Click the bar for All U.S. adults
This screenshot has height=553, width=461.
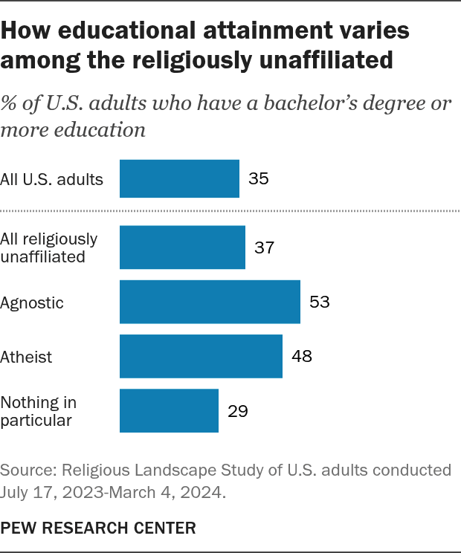point(179,178)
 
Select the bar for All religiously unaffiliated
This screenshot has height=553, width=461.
point(182,248)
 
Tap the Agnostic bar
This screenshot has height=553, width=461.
point(210,302)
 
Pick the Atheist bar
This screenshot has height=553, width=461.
point(201,356)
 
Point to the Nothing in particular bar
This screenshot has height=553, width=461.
point(169,410)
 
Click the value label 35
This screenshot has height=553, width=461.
point(259,179)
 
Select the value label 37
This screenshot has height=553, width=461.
point(265,248)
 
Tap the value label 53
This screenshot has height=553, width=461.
point(320,303)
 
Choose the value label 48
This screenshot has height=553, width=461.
point(302,357)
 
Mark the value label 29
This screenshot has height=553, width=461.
point(238,411)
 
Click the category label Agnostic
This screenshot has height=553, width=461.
point(32,303)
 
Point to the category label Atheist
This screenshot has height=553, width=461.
point(27,357)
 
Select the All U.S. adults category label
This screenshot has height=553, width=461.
point(51,179)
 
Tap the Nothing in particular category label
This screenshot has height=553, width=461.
point(39,411)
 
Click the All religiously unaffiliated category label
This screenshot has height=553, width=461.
point(49,248)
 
